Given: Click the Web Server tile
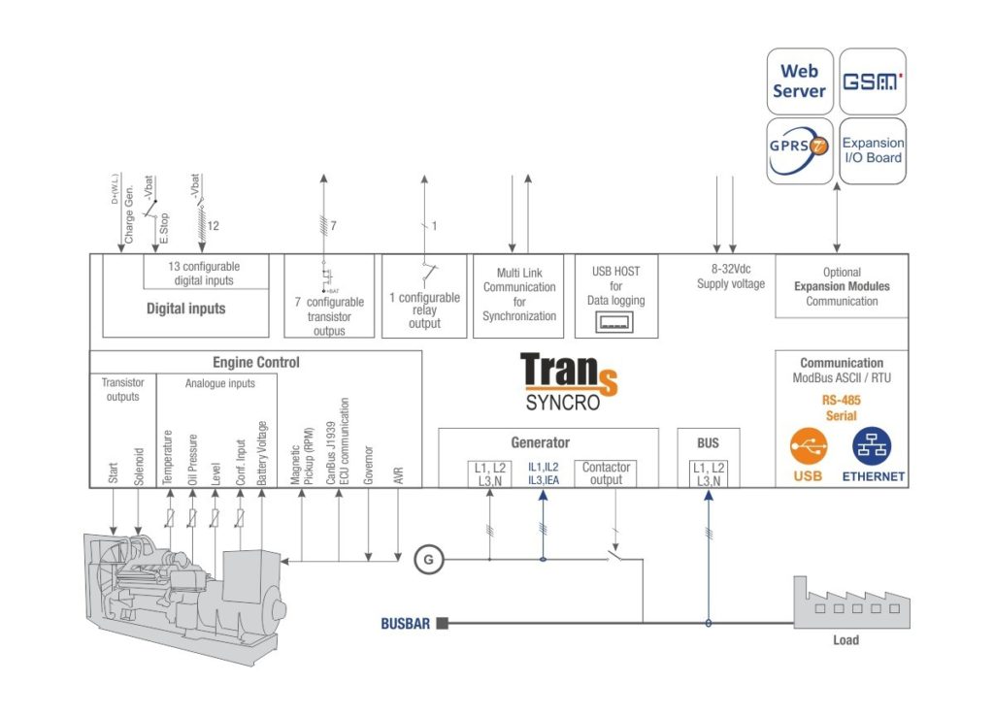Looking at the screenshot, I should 799,81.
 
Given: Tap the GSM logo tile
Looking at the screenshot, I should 872,81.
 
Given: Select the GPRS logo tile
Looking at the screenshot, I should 799,151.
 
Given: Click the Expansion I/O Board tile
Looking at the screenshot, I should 872,150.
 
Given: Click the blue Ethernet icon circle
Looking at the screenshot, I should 872,447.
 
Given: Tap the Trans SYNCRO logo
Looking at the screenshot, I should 568,380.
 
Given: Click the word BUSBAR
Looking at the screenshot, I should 404,624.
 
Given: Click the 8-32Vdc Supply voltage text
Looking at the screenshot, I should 730,277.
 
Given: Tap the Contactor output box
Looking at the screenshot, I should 607,473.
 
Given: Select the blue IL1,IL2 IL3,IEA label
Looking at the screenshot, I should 543,473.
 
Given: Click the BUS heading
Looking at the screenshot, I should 708,443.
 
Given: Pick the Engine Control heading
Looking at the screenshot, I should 256,363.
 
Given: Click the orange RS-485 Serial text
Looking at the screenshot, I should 841,407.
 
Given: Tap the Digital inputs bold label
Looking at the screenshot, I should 185,309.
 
